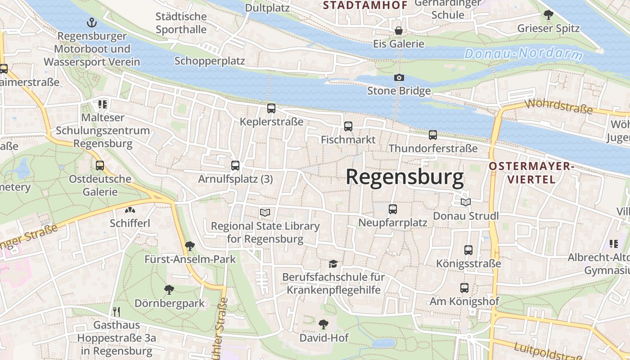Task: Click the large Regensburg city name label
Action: click(405, 177)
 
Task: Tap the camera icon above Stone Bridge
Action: click(399, 77)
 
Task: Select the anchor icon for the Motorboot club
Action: click(92, 22)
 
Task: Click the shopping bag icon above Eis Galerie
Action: click(398, 31)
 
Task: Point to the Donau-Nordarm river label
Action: click(523, 54)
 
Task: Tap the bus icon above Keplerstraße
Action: click(271, 108)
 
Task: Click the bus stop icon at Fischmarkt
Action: click(348, 126)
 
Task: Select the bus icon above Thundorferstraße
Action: click(432, 135)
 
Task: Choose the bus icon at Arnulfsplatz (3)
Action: click(235, 166)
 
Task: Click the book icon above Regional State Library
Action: click(265, 212)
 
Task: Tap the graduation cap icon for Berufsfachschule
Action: click(333, 264)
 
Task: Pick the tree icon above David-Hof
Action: click(323, 324)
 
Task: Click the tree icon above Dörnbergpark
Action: click(169, 289)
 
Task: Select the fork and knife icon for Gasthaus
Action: click(117, 311)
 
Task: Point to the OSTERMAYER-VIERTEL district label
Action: click(531, 173)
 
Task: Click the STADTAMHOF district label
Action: click(365, 5)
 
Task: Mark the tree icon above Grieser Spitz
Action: click(548, 15)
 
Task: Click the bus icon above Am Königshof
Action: click(464, 288)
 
